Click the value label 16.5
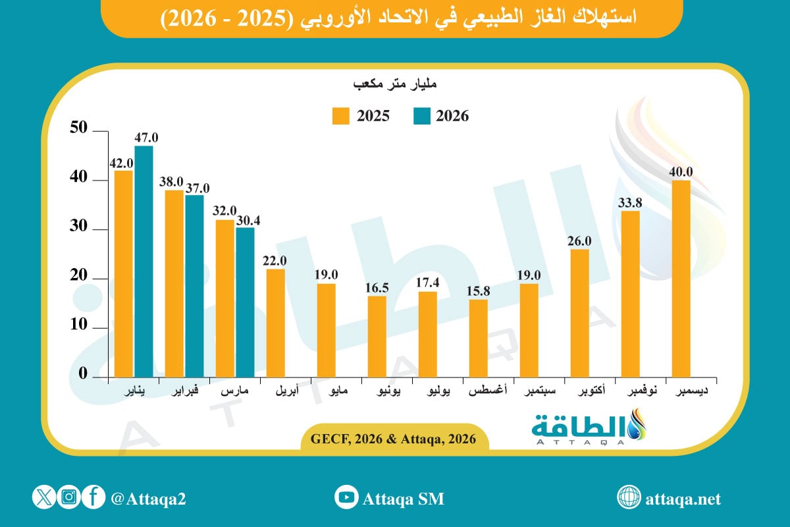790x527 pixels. coord(377,288)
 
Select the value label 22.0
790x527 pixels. coord(275,261)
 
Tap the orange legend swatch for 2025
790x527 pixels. coord(340,116)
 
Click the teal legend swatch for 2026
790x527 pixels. coord(421,116)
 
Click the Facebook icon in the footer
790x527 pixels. coord(93,498)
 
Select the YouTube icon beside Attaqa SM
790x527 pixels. coord(346,498)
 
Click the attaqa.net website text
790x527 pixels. coord(682,499)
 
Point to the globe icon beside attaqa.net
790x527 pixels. coord(629,498)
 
